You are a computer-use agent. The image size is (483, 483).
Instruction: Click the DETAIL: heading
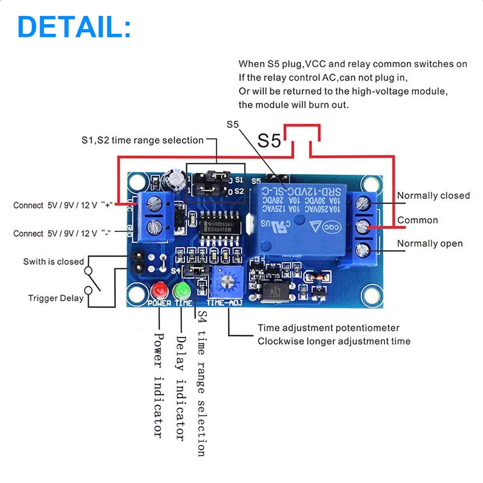pyautogui.click(x=74, y=27)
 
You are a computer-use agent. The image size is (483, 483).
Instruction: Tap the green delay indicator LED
pyautogui.click(x=183, y=290)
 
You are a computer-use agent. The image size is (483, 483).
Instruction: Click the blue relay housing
pyautogui.click(x=299, y=217)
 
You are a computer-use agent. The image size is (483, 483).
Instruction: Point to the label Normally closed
pyautogui.click(x=433, y=196)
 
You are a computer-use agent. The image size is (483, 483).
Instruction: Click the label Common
pyautogui.click(x=417, y=220)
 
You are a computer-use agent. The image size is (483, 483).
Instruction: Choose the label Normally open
pyautogui.click(x=430, y=243)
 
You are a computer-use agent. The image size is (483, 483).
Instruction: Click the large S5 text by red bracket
pyautogui.click(x=269, y=141)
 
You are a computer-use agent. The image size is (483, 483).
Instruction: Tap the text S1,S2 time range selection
pyautogui.click(x=142, y=141)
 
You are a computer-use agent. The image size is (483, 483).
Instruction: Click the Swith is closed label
pyautogui.click(x=53, y=262)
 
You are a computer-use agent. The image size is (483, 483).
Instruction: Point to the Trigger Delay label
pyautogui.click(x=56, y=298)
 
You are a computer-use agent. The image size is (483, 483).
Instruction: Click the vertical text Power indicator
pyautogui.click(x=158, y=384)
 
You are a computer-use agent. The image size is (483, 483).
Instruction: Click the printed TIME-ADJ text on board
pyautogui.click(x=225, y=303)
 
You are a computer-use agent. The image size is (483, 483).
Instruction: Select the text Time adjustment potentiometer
pyautogui.click(x=328, y=328)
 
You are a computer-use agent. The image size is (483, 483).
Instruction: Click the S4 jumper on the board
pyautogui.click(x=197, y=270)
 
